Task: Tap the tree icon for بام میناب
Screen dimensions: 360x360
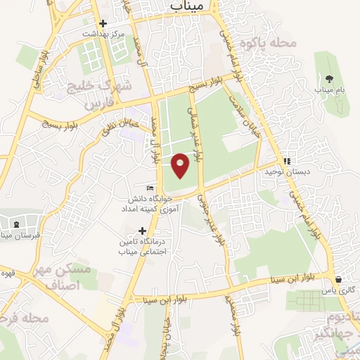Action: (329, 77)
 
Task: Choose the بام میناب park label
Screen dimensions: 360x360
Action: (329, 90)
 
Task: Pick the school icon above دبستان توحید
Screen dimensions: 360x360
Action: (286, 160)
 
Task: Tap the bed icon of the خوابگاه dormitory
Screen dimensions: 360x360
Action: (150, 188)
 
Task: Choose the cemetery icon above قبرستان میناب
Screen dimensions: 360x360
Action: (15, 224)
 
